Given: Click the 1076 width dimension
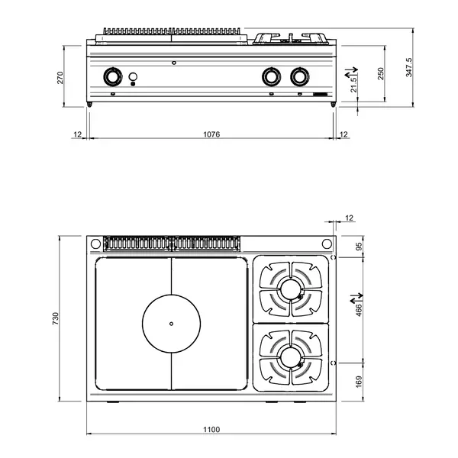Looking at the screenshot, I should [211, 134].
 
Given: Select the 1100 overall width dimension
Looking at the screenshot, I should [211, 431].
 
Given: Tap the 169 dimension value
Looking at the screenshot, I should [360, 381].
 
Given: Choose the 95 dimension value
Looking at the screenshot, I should [360, 246].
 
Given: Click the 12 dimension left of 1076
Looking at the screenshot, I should [77, 134].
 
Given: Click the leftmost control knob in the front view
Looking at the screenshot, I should [113, 76].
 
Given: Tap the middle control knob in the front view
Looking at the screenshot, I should [270, 76].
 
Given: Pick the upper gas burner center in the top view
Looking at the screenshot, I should [291, 289].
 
